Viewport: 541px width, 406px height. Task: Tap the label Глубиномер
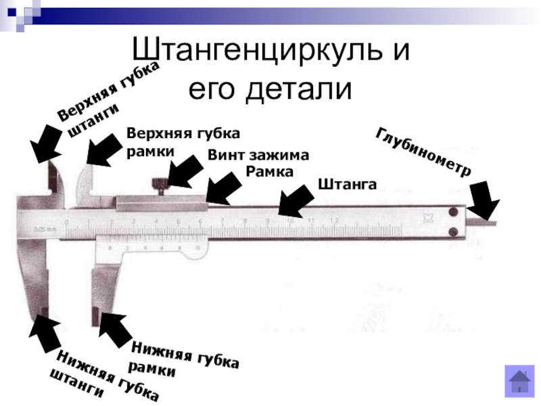click(423, 150)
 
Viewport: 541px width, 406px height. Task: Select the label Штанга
click(346, 185)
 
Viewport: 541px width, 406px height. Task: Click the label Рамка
click(269, 172)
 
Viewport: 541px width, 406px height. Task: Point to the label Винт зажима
click(258, 155)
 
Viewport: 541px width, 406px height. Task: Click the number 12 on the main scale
click(333, 221)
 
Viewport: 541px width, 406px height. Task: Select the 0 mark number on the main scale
click(67, 222)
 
